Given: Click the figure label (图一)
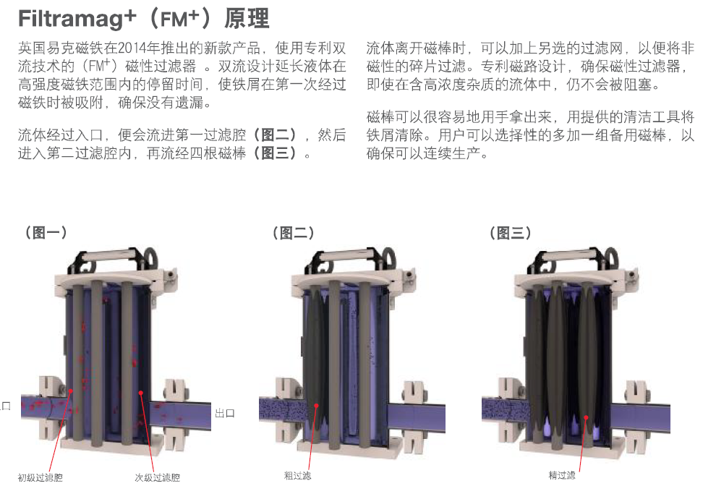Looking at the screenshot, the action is (x=46, y=232).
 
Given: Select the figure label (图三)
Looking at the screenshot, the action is (x=510, y=233).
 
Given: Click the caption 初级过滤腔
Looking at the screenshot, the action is (x=40, y=477).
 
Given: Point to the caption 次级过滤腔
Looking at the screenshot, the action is (x=158, y=477).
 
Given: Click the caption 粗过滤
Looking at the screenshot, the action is (x=297, y=476).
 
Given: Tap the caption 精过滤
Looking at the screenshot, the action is (x=562, y=475).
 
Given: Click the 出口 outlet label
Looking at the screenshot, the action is (x=225, y=413).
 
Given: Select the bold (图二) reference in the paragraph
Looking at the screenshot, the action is (x=274, y=135).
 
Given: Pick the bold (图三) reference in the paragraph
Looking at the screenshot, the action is (x=274, y=153).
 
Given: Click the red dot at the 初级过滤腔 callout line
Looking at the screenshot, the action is (x=70, y=391).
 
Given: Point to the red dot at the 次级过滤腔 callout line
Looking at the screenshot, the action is (x=141, y=393).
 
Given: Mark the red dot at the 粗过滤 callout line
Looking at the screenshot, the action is (x=316, y=406).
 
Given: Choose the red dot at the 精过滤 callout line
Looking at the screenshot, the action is (x=586, y=417).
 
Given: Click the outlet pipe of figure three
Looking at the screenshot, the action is (x=641, y=418).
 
